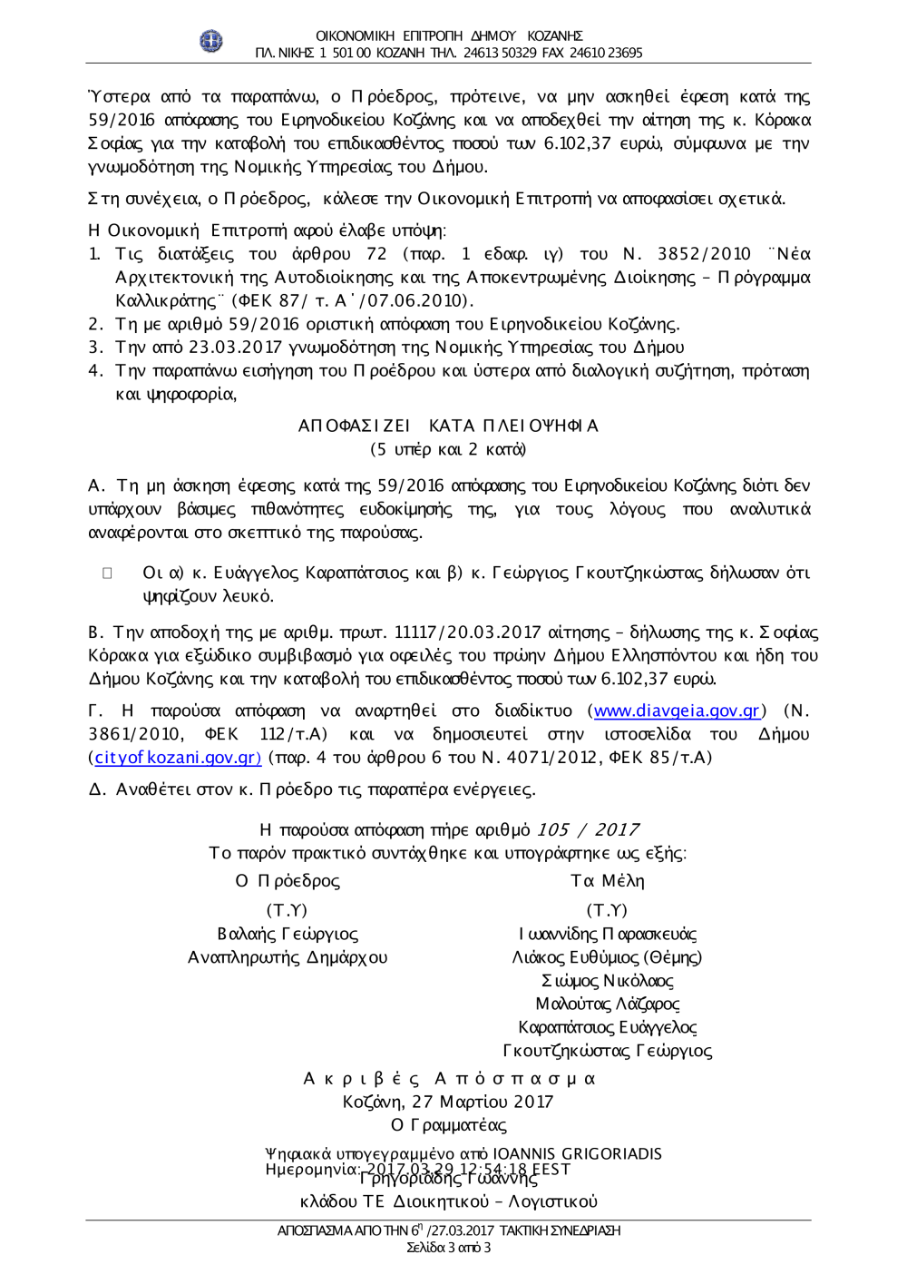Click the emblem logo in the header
pyautogui.click(x=210, y=41)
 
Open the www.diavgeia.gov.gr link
pyautogui.click(x=677, y=711)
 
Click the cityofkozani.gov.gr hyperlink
pyautogui.click(x=178, y=757)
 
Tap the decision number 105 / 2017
pyautogui.click(x=588, y=829)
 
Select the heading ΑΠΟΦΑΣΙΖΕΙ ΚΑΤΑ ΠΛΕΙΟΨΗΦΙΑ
pyautogui.click(x=448, y=426)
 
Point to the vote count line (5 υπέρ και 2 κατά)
pyautogui.click(x=448, y=449)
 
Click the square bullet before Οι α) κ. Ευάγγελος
pyautogui.click(x=107, y=573)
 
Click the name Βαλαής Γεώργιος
pyautogui.click(x=288, y=934)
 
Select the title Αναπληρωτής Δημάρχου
pyautogui.click(x=288, y=957)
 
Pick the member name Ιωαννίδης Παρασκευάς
pyautogui.click(x=607, y=934)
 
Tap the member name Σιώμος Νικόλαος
pyautogui.click(x=607, y=981)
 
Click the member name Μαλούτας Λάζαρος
pyautogui.click(x=607, y=1004)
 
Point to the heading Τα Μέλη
pyautogui.click(x=607, y=881)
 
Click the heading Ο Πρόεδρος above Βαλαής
pyautogui.click(x=288, y=881)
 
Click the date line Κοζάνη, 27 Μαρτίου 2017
pyautogui.click(x=448, y=1102)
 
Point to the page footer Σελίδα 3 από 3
pyautogui.click(x=449, y=1248)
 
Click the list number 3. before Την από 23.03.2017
pyautogui.click(x=95, y=347)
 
